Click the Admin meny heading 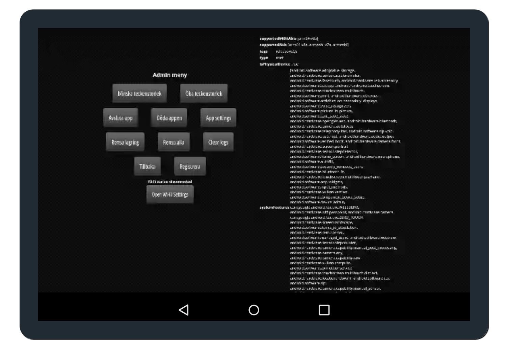[x=169, y=75]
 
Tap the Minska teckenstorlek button [x=139, y=94]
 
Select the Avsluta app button [x=121, y=118]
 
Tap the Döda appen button [x=169, y=118]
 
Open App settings [x=218, y=118]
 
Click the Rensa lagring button [x=125, y=142]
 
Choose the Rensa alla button [x=174, y=142]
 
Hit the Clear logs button [x=218, y=142]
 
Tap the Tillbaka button [x=147, y=166]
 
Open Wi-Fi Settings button [x=170, y=195]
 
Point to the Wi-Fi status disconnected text [x=170, y=182]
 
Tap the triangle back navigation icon [x=184, y=310]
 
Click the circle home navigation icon [x=254, y=310]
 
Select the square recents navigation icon [x=324, y=310]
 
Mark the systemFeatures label [x=274, y=207]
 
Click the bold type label [x=264, y=58]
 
